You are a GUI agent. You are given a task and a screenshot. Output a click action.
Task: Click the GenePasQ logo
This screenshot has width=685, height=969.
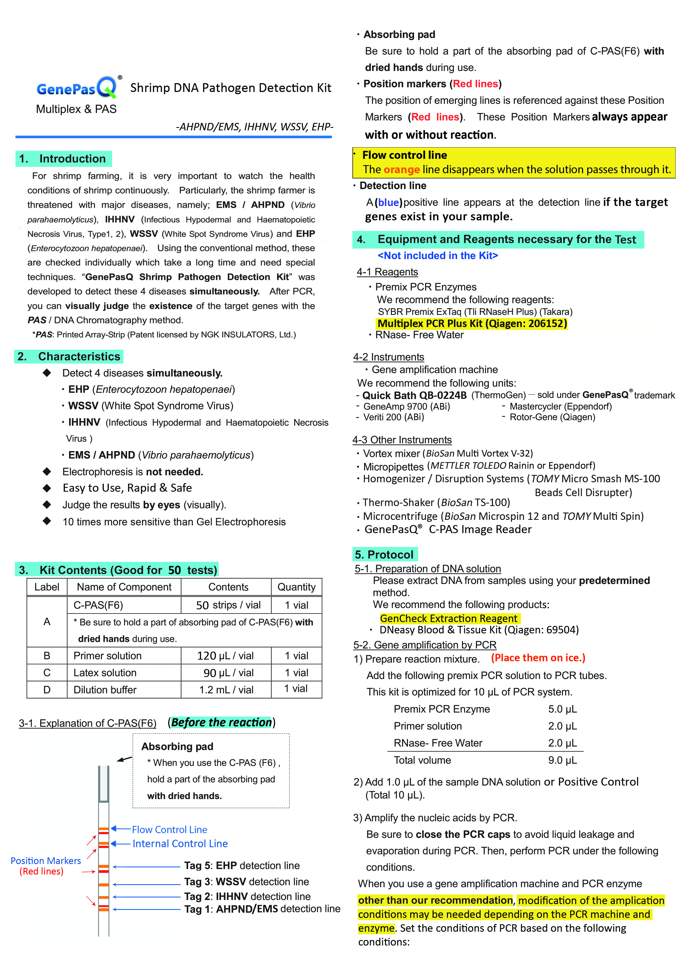(77, 88)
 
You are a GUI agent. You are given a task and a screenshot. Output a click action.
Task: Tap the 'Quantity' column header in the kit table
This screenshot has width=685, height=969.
(296, 587)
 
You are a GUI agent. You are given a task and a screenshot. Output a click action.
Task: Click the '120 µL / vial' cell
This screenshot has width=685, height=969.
(225, 656)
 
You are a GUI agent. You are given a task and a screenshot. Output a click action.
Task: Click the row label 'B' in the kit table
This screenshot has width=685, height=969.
(47, 656)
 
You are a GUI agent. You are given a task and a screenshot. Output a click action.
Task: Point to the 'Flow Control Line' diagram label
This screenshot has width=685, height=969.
(169, 830)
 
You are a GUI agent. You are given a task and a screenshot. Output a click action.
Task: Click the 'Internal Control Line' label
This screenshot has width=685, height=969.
(180, 844)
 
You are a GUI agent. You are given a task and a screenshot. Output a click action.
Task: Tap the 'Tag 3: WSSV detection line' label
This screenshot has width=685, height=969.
(246, 882)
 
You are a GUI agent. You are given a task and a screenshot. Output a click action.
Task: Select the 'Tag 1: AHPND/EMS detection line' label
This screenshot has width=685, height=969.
(262, 909)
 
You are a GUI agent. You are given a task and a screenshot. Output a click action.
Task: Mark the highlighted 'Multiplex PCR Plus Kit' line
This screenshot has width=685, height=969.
(472, 324)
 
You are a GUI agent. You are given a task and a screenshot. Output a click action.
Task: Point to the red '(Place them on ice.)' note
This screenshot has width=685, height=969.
(538, 658)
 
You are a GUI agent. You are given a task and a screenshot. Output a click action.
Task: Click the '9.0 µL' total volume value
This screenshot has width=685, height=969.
(562, 760)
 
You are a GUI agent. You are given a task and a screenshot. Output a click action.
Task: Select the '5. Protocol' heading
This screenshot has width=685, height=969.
(384, 555)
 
